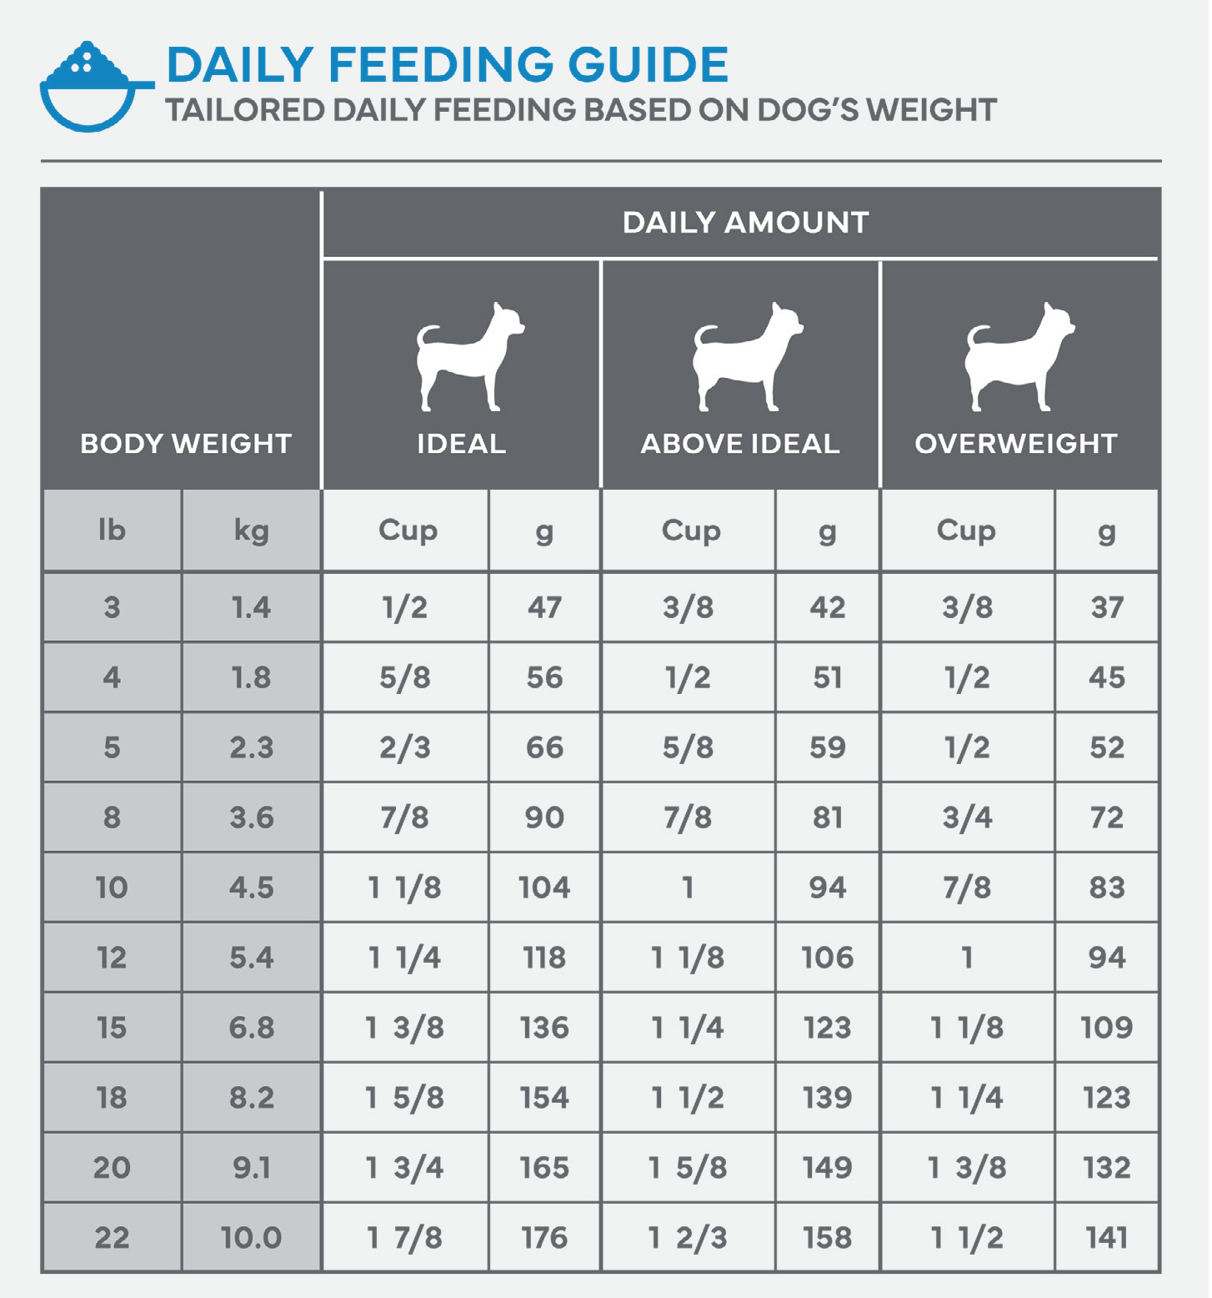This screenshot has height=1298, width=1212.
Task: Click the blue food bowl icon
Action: pyautogui.click(x=90, y=88)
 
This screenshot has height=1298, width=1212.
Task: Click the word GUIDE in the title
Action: pyautogui.click(x=648, y=65)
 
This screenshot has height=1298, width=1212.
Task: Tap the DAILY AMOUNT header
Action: pyautogui.click(x=745, y=223)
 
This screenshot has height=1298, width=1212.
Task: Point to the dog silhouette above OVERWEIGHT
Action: pyautogui.click(x=1018, y=357)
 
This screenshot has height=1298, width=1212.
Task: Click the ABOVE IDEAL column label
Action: pyautogui.click(x=740, y=444)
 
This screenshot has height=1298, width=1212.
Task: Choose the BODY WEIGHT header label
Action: pyautogui.click(x=186, y=444)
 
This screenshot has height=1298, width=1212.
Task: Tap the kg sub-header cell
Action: pyautogui.click(x=251, y=531)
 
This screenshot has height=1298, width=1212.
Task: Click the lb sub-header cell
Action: pyautogui.click(x=112, y=531)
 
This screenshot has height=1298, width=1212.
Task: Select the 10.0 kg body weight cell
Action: pyautogui.click(x=251, y=1238)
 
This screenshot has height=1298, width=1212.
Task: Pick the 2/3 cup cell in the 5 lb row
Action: pyautogui.click(x=405, y=747)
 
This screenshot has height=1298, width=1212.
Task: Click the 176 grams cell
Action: pyautogui.click(x=544, y=1238)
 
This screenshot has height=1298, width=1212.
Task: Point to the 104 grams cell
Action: pyautogui.click(x=544, y=888)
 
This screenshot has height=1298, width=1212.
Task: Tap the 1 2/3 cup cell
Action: pyautogui.click(x=689, y=1238)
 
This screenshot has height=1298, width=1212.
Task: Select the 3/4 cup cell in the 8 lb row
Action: pyautogui.click(x=967, y=818)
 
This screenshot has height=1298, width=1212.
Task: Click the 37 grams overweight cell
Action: pyautogui.click(x=1107, y=607)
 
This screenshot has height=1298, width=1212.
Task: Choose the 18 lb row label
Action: pyautogui.click(x=112, y=1098)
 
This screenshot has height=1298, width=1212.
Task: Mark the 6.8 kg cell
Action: pyautogui.click(x=251, y=1028)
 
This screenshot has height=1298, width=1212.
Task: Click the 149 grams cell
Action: pyautogui.click(x=827, y=1168)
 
